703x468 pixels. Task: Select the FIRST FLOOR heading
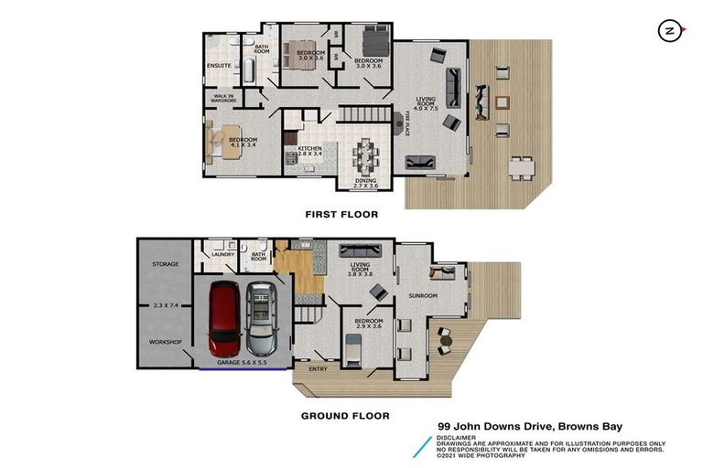(x=341, y=214)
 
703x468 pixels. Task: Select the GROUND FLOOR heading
(x=345, y=416)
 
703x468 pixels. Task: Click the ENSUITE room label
(x=219, y=66)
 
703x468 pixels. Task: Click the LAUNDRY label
(x=223, y=255)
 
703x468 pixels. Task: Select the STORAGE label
(x=165, y=264)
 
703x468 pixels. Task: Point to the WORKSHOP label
(x=165, y=343)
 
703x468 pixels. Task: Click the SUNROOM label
(x=423, y=296)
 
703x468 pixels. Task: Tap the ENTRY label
(x=317, y=370)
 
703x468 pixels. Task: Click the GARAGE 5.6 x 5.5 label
(x=241, y=364)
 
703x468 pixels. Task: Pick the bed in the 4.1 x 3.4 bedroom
(x=222, y=141)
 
